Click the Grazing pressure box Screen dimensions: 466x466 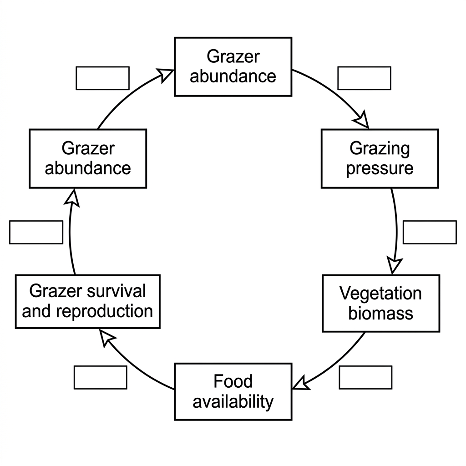click(380, 158)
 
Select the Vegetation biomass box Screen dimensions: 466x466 click(381, 303)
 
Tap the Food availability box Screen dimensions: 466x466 click(233, 391)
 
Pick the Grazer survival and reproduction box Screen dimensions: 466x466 click(88, 301)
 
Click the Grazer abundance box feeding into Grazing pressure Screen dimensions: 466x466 click(233, 66)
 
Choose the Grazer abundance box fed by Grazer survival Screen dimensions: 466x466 click(88, 158)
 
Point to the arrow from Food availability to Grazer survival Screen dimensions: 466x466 click(131, 365)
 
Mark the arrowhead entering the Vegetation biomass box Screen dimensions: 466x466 click(394, 265)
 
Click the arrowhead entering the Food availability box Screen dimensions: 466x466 click(300, 383)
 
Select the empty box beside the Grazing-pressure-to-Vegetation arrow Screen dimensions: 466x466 click(430, 233)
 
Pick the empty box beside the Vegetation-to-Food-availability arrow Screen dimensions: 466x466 click(365, 377)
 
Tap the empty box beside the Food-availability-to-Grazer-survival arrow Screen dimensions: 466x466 click(101, 377)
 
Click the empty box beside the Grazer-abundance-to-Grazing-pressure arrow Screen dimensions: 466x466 click(365, 78)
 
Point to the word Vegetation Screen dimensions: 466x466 click(380, 294)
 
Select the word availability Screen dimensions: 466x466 click(233, 402)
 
